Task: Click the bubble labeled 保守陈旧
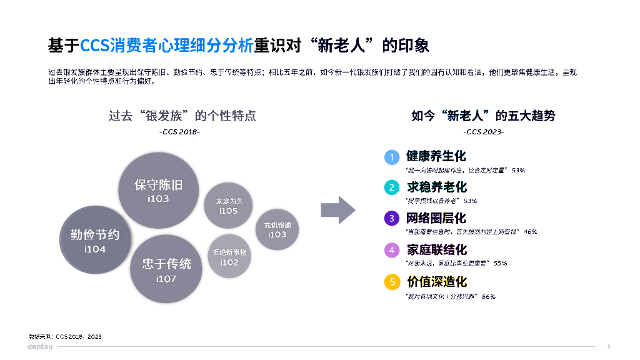159,190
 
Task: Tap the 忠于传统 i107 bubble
166,269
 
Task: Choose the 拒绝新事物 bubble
229,257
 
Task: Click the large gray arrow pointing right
338,209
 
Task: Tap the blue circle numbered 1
392,157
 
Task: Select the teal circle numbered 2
392,187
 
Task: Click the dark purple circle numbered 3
392,219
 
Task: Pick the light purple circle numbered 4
392,251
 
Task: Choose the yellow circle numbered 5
392,282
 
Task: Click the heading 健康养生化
436,156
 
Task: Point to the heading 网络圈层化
436,218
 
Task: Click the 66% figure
488,296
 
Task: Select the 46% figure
530,232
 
